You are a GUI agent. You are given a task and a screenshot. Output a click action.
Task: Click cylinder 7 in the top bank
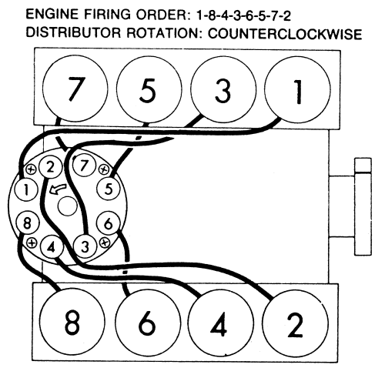[75, 89]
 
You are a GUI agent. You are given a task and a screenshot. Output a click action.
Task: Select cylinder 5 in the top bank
[149, 89]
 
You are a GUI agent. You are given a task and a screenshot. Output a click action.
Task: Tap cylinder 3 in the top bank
[223, 90]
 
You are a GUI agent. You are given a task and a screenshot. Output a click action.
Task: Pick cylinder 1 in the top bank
[297, 90]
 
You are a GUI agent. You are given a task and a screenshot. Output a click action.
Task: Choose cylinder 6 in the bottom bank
[147, 323]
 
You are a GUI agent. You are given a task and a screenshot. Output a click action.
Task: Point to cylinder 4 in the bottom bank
[220, 323]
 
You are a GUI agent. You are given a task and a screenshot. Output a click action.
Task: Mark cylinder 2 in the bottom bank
[296, 323]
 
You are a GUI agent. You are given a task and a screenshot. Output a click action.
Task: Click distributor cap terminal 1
[26, 189]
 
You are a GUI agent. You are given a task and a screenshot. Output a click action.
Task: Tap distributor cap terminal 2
[51, 168]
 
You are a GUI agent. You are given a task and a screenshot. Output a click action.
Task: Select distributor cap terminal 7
[84, 165]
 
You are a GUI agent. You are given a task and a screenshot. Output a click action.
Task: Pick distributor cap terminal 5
[109, 189]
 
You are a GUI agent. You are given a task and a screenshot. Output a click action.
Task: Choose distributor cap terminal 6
[109, 223]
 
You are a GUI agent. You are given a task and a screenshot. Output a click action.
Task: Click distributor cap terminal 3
[85, 246]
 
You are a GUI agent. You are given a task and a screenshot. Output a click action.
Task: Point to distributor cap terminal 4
[52, 247]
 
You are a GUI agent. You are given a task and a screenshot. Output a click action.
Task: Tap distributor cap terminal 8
[27, 222]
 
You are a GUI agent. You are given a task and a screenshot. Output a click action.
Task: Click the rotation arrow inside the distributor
[58, 189]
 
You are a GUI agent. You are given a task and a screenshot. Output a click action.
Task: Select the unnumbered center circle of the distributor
[68, 206]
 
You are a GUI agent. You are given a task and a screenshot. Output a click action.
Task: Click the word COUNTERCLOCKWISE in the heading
[285, 34]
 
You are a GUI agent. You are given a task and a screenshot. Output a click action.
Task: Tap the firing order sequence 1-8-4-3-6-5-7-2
[243, 16]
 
